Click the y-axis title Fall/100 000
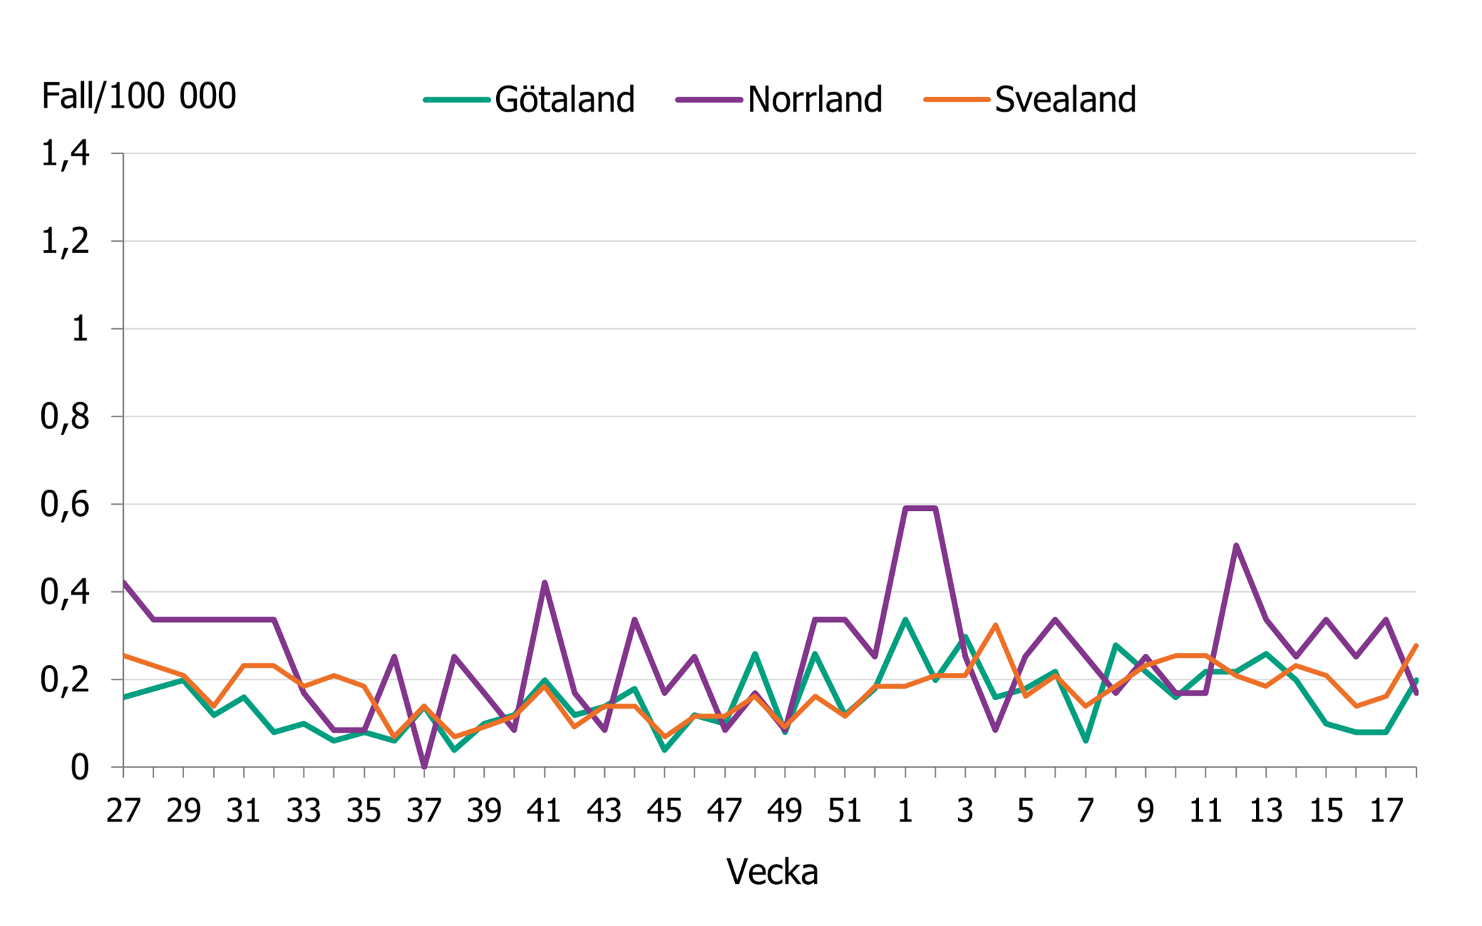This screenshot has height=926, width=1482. click(x=139, y=96)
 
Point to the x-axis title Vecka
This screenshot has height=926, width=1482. click(x=772, y=871)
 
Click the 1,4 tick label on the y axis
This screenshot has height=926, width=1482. click(x=65, y=154)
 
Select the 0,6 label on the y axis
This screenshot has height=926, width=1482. click(x=65, y=505)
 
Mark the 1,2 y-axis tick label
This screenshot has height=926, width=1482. click(x=65, y=242)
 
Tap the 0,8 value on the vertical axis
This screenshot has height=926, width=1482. click(x=65, y=417)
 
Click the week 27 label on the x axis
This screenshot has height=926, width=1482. click(x=124, y=811)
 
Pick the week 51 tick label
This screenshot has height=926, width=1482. click(x=845, y=811)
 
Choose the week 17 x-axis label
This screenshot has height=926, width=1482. click(x=1386, y=811)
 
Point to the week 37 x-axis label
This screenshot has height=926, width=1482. click(x=424, y=811)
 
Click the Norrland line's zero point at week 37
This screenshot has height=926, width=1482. click(x=424, y=766)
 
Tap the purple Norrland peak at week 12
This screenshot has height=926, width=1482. click(x=1236, y=546)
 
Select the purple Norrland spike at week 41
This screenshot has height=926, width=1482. click(x=544, y=583)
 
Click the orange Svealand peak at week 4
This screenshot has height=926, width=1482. click(x=995, y=625)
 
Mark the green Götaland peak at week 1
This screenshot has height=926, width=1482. click(x=905, y=620)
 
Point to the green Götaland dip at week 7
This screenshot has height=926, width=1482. click(x=1085, y=741)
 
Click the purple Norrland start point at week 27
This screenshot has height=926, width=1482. click(x=124, y=583)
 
